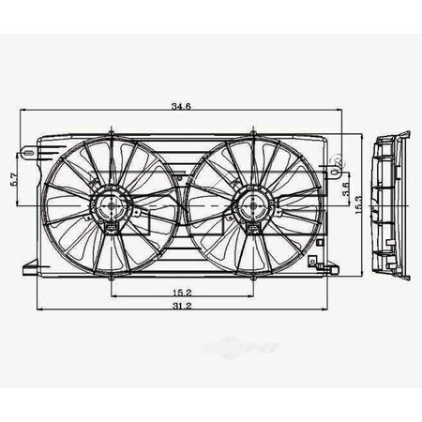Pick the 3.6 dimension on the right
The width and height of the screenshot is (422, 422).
pos(346,189)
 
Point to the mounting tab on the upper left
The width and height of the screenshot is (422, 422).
pos(31,150)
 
